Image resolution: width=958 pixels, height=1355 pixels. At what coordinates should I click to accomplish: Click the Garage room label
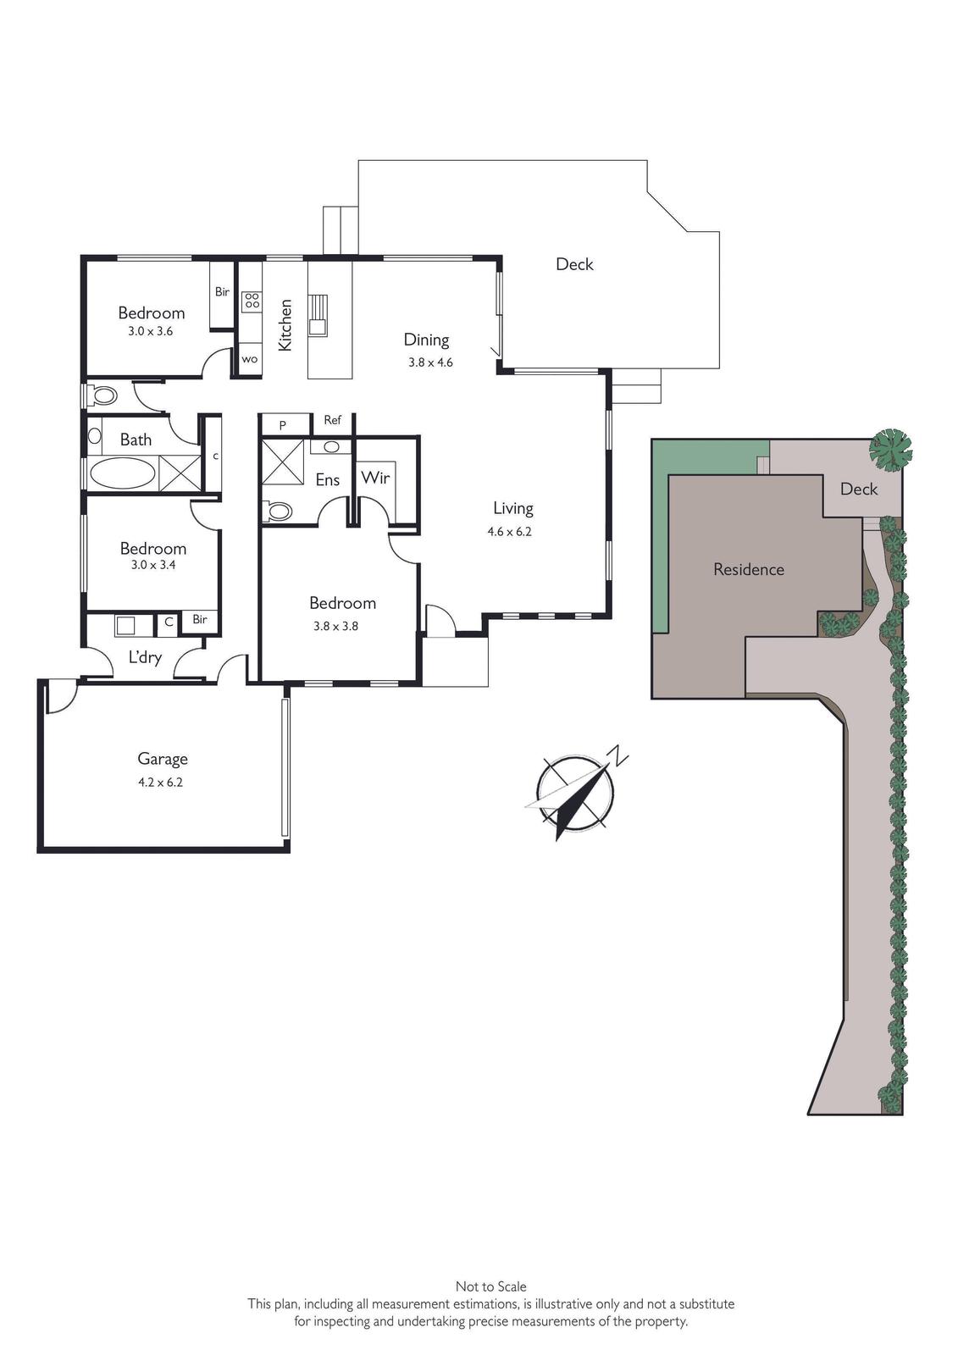point(162,759)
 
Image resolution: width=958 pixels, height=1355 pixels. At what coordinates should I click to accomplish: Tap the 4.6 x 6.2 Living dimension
point(509,532)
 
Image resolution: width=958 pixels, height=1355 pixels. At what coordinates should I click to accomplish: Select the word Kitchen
point(285,325)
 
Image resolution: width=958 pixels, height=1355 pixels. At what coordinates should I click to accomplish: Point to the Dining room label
point(426,340)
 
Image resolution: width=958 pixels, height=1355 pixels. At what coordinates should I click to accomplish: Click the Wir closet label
point(375,478)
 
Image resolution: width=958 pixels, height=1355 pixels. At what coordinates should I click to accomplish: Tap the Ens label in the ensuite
point(328,479)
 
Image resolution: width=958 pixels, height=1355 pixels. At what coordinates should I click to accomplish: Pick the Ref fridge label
point(332,420)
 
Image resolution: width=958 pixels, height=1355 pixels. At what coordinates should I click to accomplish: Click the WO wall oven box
point(249,359)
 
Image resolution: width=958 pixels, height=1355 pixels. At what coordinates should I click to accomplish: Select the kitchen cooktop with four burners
point(252,301)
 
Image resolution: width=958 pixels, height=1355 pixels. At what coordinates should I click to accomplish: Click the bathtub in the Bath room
point(123,473)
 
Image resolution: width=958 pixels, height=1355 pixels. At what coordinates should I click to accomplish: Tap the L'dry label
point(145,657)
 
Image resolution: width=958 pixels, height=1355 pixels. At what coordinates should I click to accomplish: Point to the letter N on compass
point(617,755)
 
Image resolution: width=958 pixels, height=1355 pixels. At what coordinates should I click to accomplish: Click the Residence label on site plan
point(749,569)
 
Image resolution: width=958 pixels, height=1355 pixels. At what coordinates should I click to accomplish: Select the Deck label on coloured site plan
point(859,489)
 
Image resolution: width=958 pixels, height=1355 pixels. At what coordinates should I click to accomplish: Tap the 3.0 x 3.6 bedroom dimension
point(150,331)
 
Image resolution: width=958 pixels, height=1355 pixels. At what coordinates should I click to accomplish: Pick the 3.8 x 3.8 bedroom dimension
point(335,626)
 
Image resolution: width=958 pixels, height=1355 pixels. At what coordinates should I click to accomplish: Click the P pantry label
point(283,426)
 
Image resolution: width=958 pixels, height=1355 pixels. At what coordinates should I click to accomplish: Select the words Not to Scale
point(490,1286)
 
